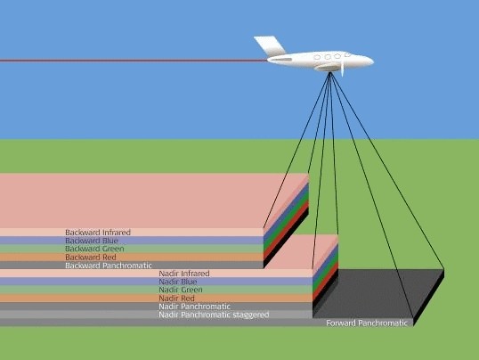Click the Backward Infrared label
[98, 233]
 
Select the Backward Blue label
[92, 241]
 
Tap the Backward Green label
[94, 249]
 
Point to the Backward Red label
[91, 258]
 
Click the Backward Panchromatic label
[109, 266]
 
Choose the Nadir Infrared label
[184, 274]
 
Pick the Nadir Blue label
[178, 282]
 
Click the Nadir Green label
[181, 290]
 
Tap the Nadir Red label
[176, 299]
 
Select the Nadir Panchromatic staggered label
[214, 315]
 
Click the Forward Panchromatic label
[367, 323]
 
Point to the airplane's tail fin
[270, 45]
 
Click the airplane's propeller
[342, 65]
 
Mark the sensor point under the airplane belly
[329, 72]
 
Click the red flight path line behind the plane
[134, 61]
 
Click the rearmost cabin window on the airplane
[317, 57]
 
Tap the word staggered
[251, 315]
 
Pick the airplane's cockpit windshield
[347, 54]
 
